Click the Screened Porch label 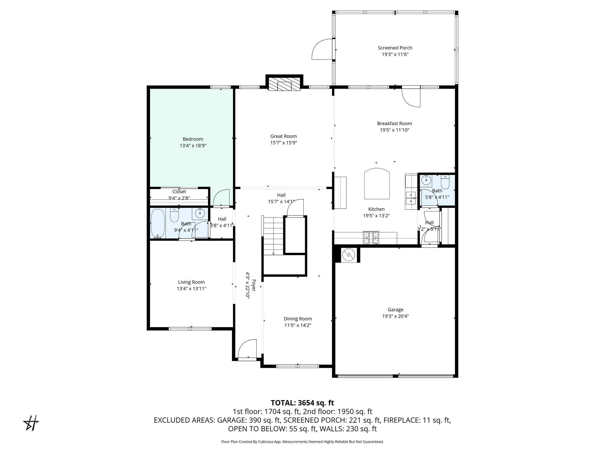point(395,48)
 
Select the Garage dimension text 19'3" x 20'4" point(395,316)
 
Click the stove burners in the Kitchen point(371,238)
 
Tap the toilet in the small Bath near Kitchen point(445,182)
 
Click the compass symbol point(31,423)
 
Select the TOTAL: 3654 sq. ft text point(302,403)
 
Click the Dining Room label point(297,319)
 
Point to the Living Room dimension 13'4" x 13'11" point(191,289)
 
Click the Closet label point(179,192)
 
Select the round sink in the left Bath point(201,213)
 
